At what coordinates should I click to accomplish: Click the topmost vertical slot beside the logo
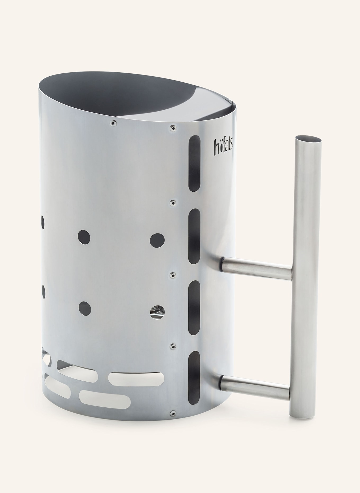click(x=195, y=163)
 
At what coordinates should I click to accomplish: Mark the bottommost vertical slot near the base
click(x=194, y=379)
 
